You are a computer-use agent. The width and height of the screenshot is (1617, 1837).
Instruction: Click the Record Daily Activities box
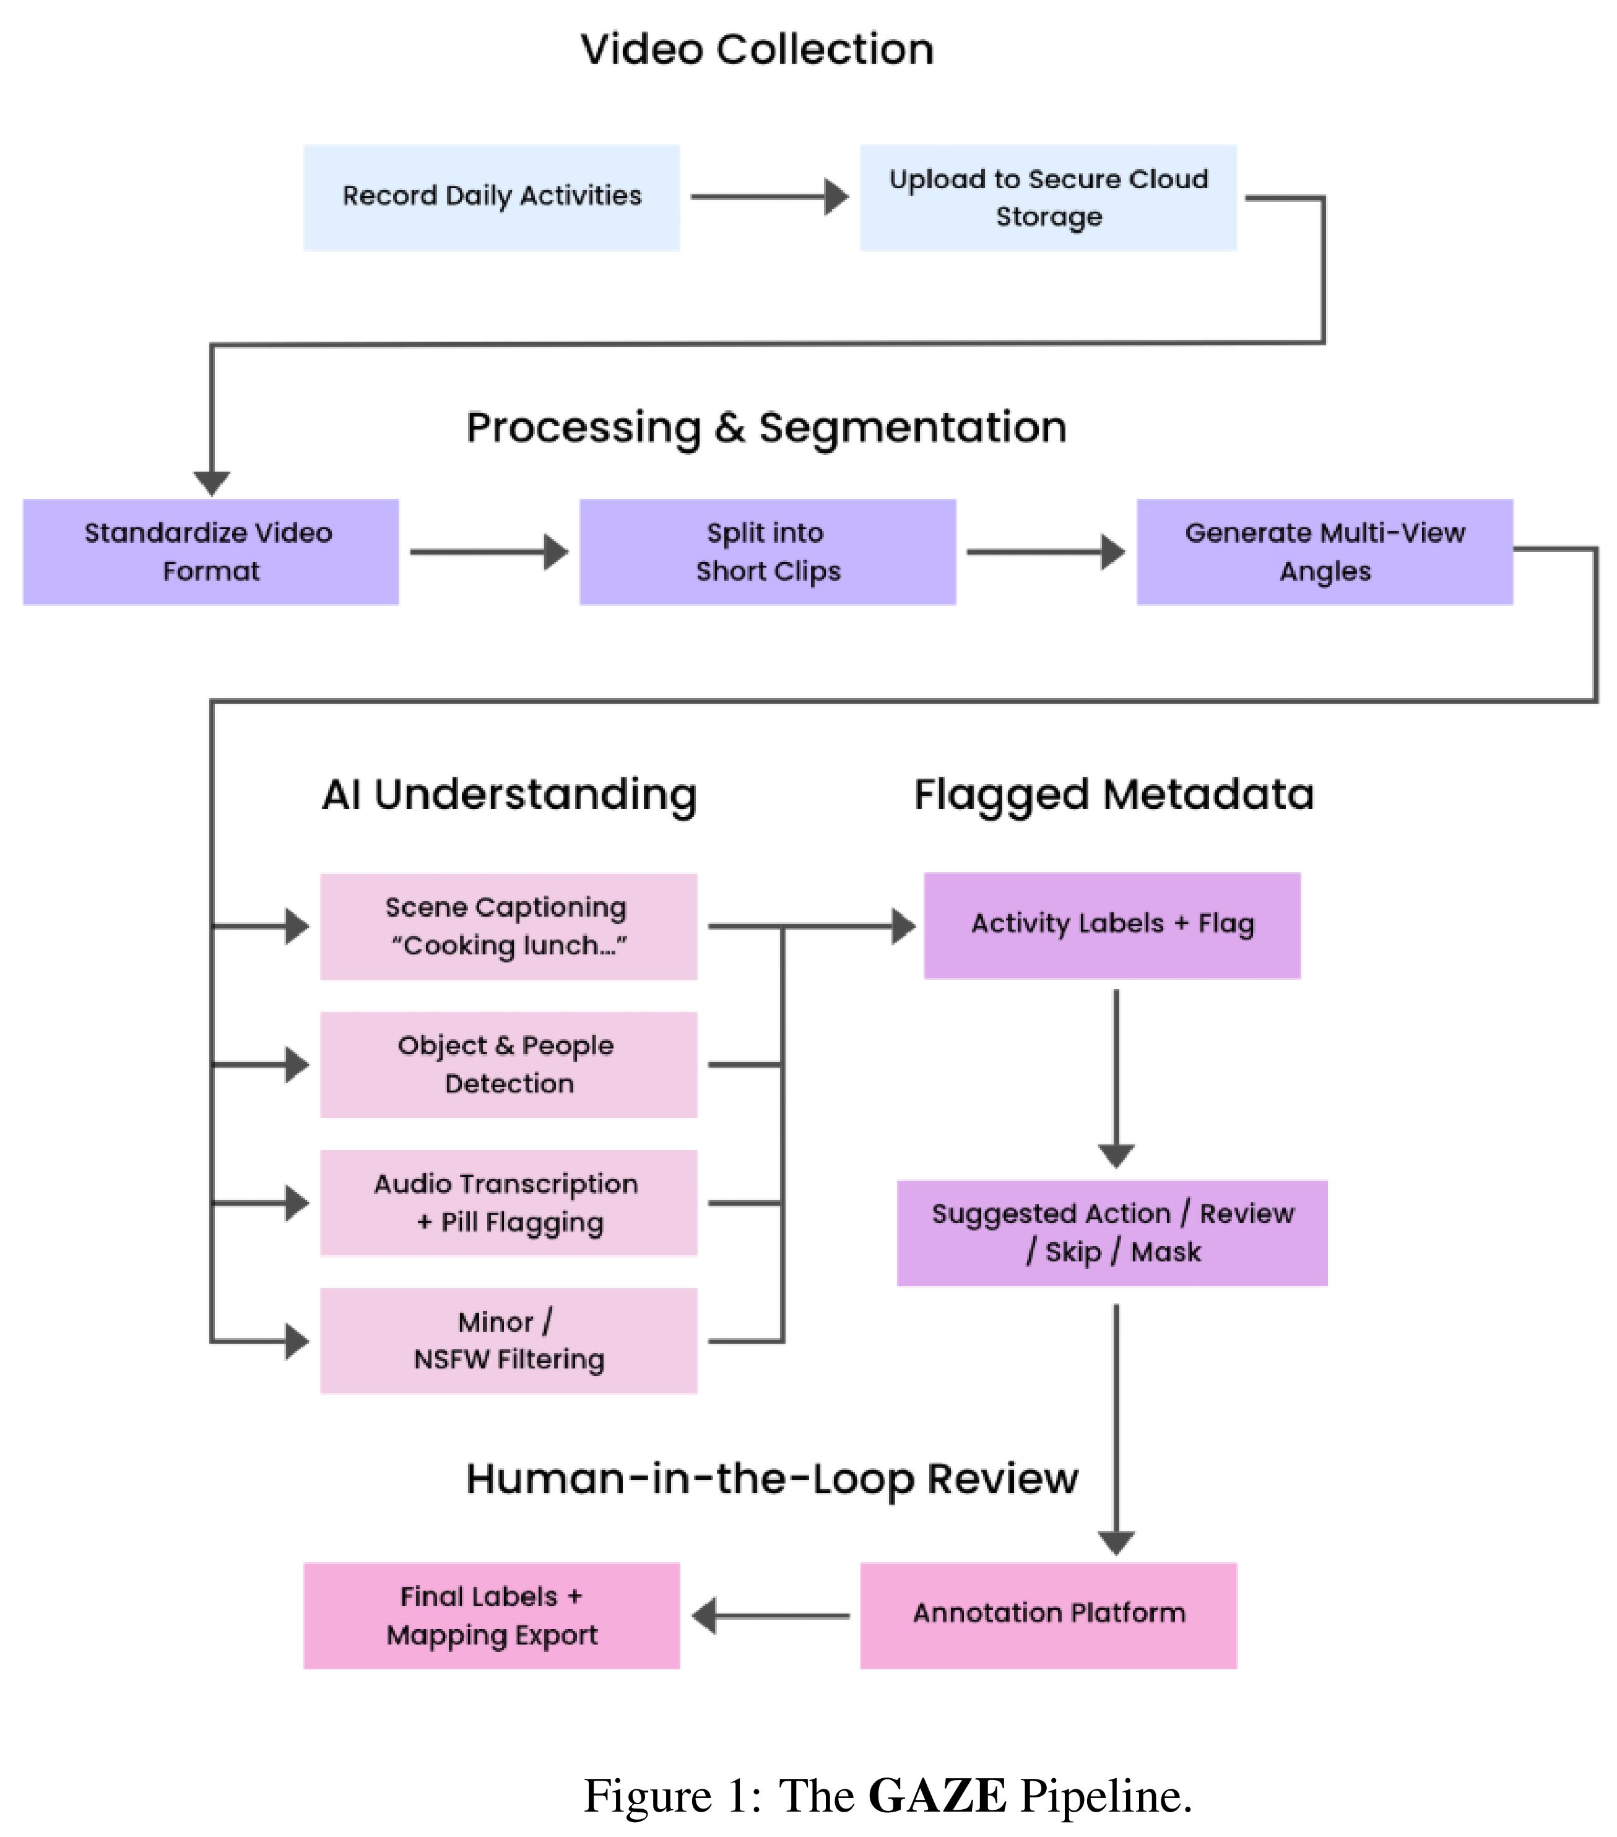click(x=492, y=197)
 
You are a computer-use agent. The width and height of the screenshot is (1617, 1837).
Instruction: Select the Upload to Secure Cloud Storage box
click(x=1048, y=197)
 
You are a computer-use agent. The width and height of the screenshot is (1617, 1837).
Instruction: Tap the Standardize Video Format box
click(x=210, y=552)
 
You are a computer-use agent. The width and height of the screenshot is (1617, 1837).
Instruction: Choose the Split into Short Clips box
click(x=768, y=552)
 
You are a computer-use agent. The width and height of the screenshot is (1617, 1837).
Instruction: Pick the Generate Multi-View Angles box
click(x=1324, y=552)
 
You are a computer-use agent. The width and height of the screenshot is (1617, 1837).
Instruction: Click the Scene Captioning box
click(x=509, y=927)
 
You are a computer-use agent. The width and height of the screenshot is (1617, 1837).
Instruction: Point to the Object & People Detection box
click(x=509, y=1065)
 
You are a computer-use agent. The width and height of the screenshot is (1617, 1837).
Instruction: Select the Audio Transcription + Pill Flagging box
click(x=509, y=1203)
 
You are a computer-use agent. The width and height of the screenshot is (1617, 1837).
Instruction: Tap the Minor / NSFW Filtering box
click(x=509, y=1341)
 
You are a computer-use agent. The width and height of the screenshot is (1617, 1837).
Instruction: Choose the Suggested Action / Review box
click(x=1112, y=1233)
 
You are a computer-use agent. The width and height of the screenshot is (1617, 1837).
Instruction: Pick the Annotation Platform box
click(x=1048, y=1616)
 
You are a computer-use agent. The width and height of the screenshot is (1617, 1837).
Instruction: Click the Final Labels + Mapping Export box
click(x=492, y=1616)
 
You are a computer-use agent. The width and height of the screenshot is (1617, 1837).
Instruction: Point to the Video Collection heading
click(x=757, y=50)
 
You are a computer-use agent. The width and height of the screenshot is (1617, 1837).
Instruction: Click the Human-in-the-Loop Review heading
click(x=771, y=1479)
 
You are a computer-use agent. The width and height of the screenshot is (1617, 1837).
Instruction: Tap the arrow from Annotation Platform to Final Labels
click(x=770, y=1616)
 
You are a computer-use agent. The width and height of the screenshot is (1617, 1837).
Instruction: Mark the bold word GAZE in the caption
click(x=937, y=1797)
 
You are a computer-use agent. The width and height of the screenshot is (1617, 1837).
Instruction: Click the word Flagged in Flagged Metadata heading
click(x=1001, y=795)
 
